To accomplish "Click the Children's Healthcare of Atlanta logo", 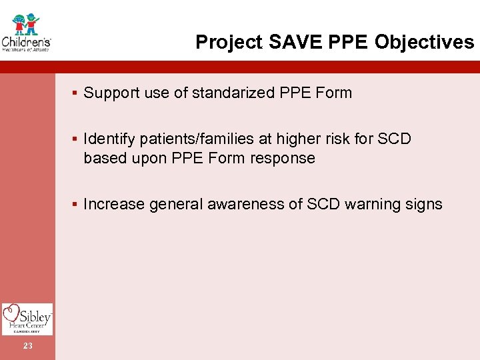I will click(26, 31).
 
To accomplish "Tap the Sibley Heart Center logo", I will click(27, 319).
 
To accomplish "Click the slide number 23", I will click(27, 345).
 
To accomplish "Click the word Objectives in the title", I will click(424, 43).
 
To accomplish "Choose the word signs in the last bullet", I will click(423, 205).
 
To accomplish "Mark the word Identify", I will click(109, 139).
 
